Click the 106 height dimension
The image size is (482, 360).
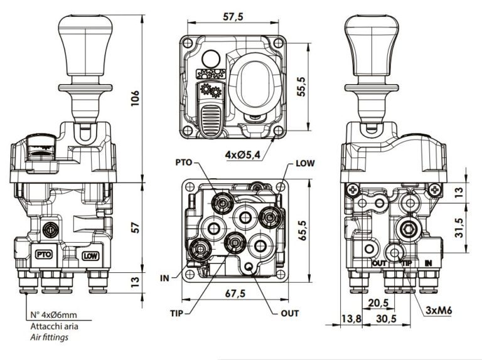click(x=135, y=97)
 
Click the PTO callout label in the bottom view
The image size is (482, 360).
click(x=185, y=163)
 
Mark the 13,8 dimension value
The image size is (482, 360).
click(x=351, y=319)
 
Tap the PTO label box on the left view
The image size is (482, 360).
click(x=44, y=255)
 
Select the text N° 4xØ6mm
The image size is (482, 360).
click(x=55, y=315)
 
